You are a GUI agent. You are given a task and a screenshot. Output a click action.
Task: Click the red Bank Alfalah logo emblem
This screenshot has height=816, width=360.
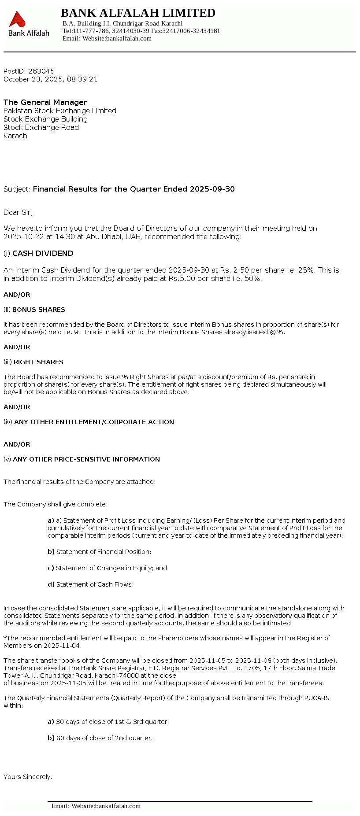click(17, 20)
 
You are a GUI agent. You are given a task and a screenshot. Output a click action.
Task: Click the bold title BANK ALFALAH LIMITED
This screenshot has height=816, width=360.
click(138, 13)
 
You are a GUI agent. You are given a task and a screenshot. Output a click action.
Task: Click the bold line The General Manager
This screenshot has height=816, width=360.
click(45, 102)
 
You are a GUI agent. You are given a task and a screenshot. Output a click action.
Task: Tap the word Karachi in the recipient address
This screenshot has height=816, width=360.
click(16, 136)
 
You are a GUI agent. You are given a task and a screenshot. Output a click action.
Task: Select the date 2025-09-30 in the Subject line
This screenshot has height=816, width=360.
click(212, 189)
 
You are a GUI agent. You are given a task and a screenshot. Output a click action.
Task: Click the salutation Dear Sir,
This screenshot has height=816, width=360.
click(18, 213)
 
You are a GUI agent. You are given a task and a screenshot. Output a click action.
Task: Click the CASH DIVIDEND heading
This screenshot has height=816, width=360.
click(43, 254)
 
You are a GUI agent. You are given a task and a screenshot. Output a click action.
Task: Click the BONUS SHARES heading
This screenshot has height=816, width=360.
click(39, 310)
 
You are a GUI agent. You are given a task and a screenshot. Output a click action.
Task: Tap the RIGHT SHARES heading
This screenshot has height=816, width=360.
click(38, 362)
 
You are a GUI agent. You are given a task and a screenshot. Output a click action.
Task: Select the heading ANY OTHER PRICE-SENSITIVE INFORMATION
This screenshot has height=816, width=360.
click(86, 460)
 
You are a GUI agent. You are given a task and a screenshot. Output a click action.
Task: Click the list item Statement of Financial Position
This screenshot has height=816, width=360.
click(104, 552)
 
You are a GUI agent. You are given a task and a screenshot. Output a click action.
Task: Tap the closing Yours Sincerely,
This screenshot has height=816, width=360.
click(28, 777)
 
